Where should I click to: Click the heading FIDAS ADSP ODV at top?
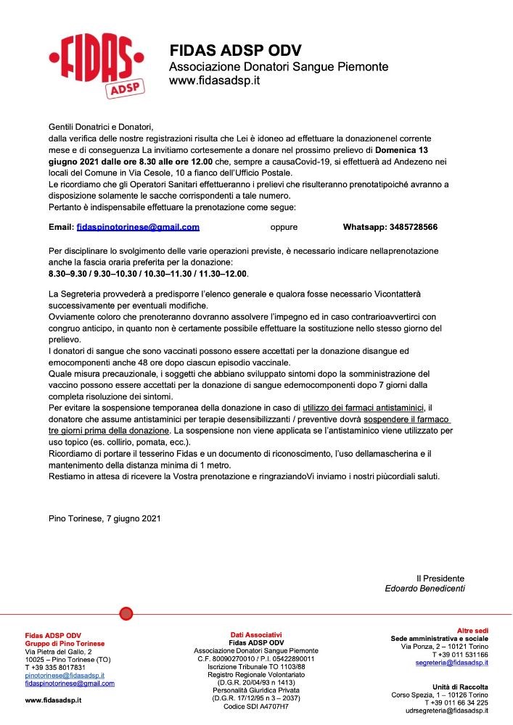click(x=235, y=51)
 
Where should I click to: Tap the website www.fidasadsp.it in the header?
click(x=214, y=80)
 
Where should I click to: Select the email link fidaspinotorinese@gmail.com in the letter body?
click(x=138, y=227)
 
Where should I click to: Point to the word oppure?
click(x=284, y=227)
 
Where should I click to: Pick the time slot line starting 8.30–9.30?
click(x=149, y=274)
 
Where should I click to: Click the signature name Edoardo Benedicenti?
click(x=424, y=589)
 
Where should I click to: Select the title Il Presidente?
click(x=440, y=578)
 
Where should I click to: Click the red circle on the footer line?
click(x=126, y=614)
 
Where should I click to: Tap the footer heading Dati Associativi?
click(x=256, y=634)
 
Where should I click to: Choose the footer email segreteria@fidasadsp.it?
click(x=451, y=663)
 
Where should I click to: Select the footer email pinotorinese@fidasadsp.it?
click(x=65, y=675)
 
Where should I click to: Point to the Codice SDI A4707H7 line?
click(x=256, y=706)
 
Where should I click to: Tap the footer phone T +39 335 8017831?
click(x=57, y=667)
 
